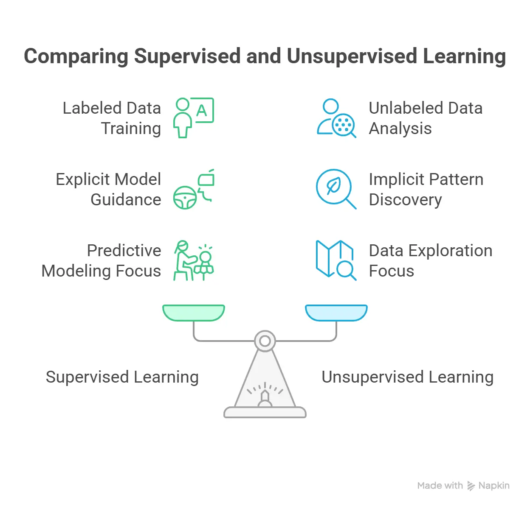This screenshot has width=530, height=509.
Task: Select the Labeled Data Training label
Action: (112, 118)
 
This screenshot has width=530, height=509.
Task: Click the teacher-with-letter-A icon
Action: (193, 118)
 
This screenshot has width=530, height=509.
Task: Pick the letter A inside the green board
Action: (202, 110)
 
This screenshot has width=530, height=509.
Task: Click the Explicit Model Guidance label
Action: (109, 190)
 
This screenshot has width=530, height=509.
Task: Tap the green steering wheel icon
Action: (185, 198)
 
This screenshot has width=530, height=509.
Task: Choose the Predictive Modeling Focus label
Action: (102, 261)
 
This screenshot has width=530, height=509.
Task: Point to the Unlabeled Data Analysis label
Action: (426, 118)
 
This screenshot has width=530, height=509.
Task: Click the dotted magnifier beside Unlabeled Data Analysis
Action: (344, 125)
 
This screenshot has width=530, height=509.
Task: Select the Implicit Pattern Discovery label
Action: (426, 190)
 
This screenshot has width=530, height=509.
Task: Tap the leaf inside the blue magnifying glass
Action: (334, 186)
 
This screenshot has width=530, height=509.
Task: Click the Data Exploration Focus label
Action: (430, 261)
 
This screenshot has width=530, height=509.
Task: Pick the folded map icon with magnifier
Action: (336, 260)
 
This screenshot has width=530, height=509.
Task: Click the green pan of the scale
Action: (194, 312)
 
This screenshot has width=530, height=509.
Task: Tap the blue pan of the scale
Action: (336, 312)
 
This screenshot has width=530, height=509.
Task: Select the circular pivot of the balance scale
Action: (265, 341)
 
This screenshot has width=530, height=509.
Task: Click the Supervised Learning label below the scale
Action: (122, 377)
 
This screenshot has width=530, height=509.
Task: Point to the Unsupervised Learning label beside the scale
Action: (408, 377)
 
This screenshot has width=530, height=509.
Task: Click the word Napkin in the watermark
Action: (494, 486)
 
